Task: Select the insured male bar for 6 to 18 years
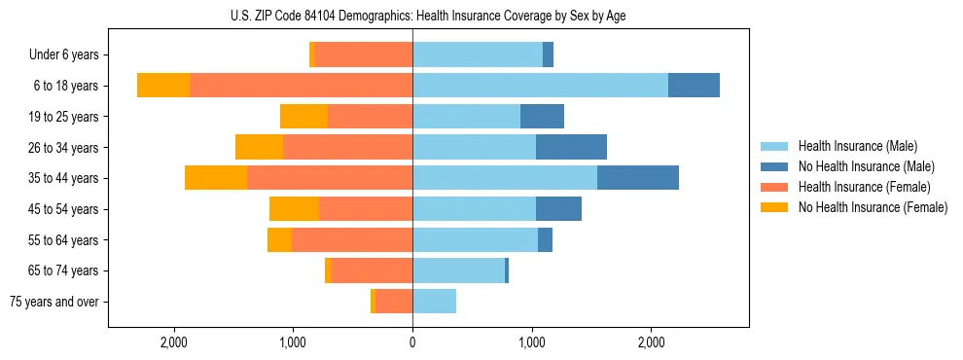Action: [540, 86]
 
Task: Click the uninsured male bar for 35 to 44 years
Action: [637, 178]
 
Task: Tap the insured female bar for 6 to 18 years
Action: [301, 86]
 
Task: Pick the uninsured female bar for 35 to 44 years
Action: [215, 178]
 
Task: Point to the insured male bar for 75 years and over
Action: [434, 302]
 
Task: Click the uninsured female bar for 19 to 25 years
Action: [303, 117]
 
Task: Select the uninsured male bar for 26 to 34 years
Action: [571, 147]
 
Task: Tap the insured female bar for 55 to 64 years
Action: [352, 239]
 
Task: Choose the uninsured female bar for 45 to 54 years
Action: [294, 209]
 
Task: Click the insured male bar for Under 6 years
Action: [478, 54]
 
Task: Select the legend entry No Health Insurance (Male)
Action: [866, 166]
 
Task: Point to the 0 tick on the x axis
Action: [412, 342]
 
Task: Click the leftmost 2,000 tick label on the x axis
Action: [174, 342]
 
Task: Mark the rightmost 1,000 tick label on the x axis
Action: [532, 342]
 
